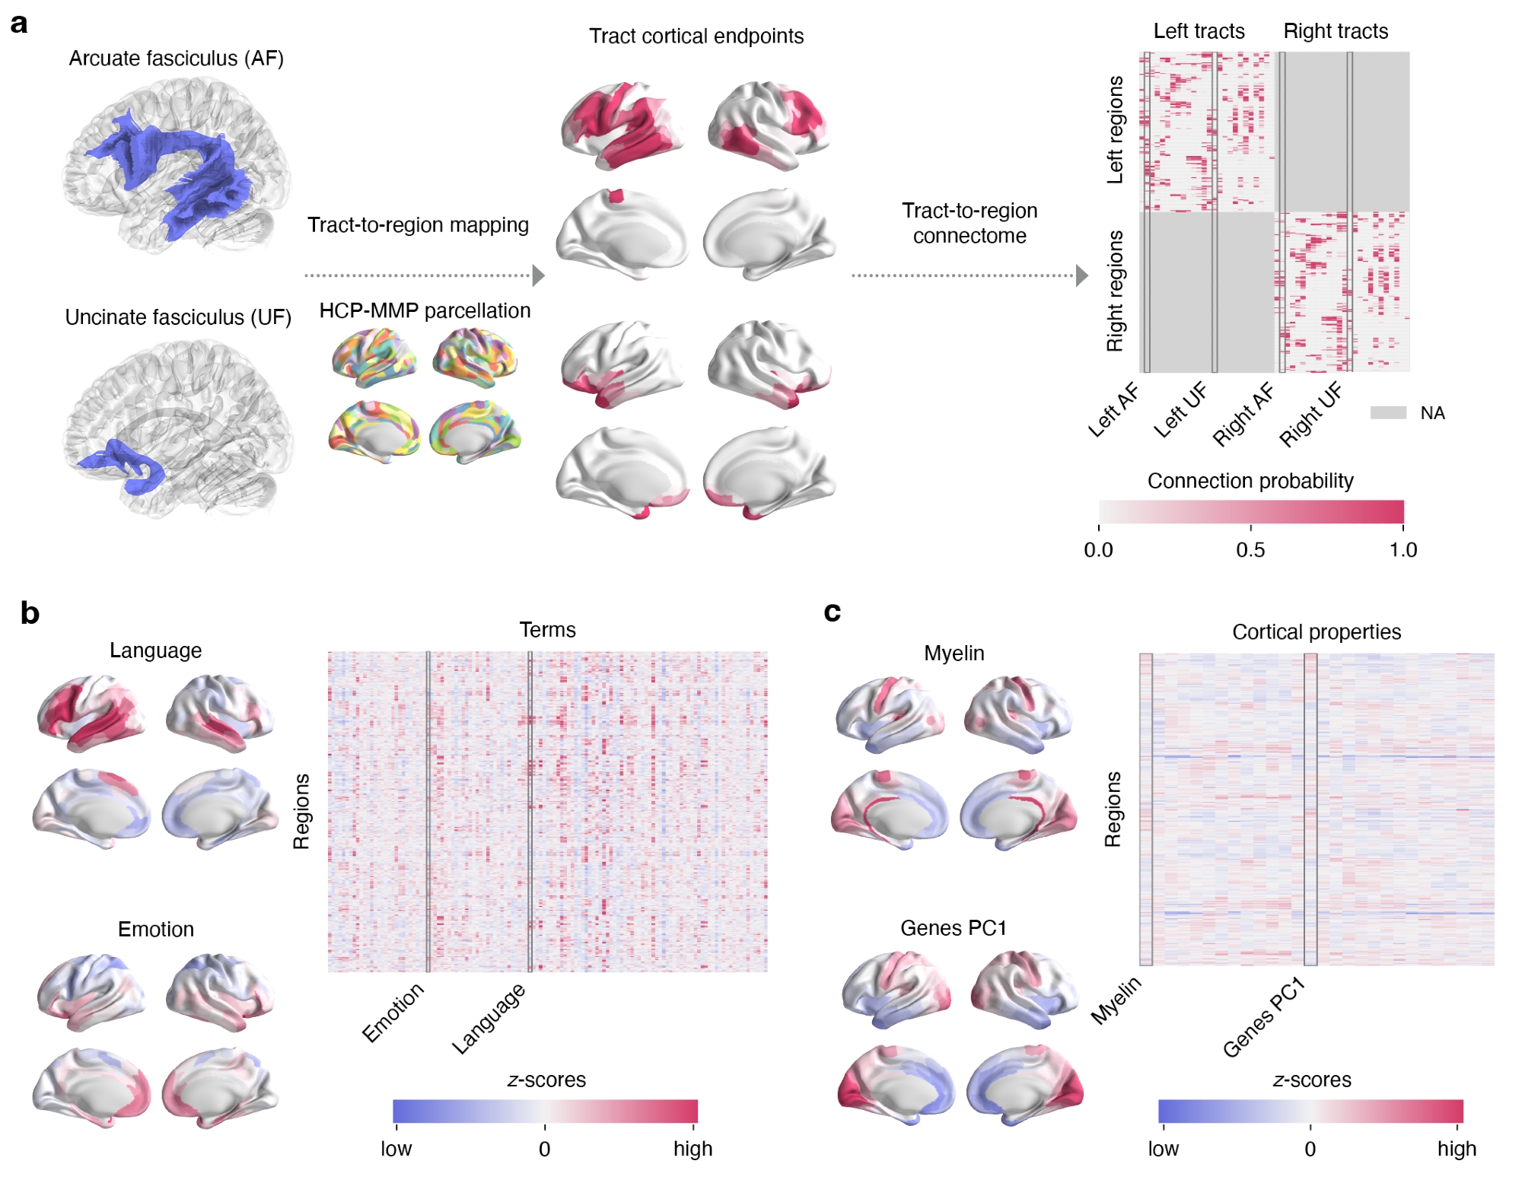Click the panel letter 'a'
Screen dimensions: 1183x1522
click(19, 24)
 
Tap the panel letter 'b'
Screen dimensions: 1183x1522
click(30, 613)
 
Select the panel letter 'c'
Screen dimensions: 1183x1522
click(832, 612)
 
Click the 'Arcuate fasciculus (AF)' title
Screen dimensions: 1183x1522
click(176, 59)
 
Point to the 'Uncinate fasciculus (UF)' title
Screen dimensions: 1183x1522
click(178, 317)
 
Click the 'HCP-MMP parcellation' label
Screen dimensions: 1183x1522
click(425, 310)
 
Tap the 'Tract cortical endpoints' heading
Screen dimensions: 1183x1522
click(696, 36)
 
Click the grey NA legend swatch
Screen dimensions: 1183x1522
click(1388, 413)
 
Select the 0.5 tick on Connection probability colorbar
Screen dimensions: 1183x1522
click(1250, 549)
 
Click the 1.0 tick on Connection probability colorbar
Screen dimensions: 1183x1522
click(1403, 549)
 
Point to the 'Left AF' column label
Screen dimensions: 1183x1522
click(1113, 411)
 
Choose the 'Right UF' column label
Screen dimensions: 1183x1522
click(1310, 415)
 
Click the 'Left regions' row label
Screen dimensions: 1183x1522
click(1115, 129)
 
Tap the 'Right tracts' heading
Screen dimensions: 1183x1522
click(1336, 31)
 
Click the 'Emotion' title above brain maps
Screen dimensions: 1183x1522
click(156, 929)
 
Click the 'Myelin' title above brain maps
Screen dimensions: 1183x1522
click(954, 653)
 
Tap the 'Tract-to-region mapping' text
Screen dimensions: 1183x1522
click(418, 225)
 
